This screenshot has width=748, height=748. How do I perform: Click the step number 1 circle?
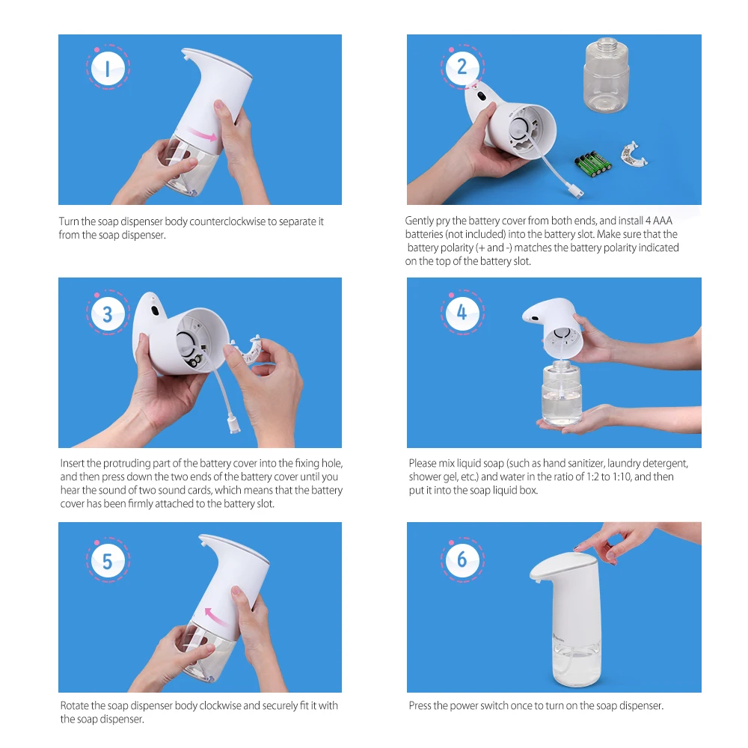click(107, 70)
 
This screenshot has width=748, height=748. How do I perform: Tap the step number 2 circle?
click(462, 67)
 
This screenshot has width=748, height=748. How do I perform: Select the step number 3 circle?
click(107, 314)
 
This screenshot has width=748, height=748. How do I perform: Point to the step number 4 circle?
click(462, 312)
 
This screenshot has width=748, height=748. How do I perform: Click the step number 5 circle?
click(107, 561)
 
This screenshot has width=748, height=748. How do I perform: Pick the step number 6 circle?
click(462, 560)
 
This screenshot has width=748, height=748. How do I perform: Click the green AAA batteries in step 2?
click(592, 163)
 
